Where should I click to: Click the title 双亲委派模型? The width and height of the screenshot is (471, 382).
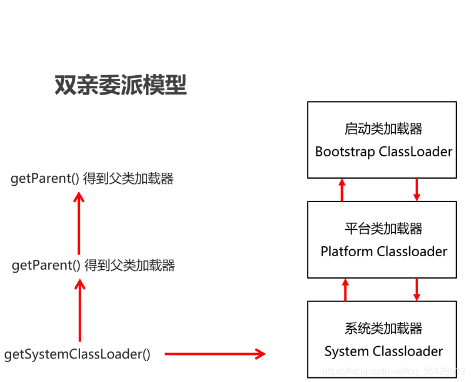(121, 85)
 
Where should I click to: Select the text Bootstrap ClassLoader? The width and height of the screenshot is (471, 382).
(383, 152)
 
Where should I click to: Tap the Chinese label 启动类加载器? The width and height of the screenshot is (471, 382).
(383, 128)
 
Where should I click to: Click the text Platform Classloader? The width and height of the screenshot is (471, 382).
(383, 252)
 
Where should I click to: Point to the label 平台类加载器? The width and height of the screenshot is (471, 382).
(383, 228)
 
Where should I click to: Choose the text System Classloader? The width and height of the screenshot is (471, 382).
(383, 351)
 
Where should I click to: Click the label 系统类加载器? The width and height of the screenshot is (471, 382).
(383, 328)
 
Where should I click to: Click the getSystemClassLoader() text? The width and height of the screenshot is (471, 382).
(77, 354)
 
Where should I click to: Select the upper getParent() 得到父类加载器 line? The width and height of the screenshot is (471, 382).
(92, 179)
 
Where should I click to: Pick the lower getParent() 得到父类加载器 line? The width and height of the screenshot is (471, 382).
(93, 265)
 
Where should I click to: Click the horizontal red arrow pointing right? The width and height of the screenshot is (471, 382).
(215, 354)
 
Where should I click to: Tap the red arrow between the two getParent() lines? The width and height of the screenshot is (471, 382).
(79, 223)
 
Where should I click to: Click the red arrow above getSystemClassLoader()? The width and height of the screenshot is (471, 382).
(80, 310)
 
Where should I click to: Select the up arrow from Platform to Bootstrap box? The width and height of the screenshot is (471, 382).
(342, 190)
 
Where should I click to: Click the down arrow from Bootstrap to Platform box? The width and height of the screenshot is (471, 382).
(417, 190)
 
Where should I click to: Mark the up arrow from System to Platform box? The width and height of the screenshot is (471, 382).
(345, 290)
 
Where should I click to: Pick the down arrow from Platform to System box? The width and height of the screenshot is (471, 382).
(417, 290)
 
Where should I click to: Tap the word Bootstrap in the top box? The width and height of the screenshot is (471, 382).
(345, 152)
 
